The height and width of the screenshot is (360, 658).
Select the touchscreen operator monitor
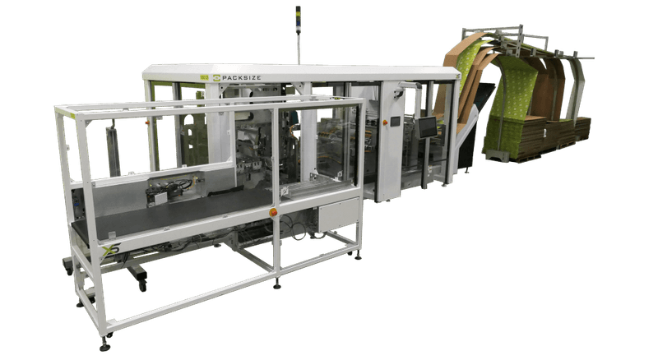point(428,126)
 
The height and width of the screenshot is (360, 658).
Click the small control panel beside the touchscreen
point(394,122)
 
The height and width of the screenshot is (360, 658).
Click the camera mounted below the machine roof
point(399,94)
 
